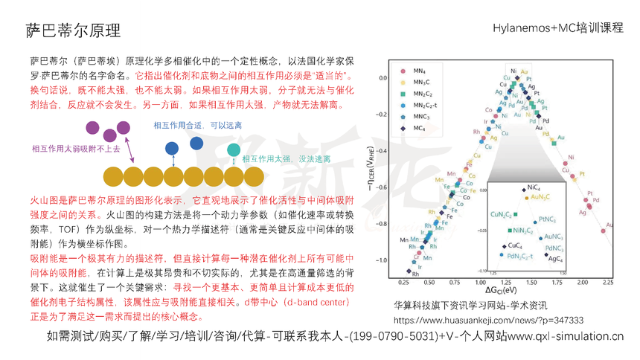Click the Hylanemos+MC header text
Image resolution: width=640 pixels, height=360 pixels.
557,28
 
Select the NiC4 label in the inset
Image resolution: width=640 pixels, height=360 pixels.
534,187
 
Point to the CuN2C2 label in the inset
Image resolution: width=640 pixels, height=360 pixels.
500,215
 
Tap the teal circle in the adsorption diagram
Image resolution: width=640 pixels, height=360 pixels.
234,151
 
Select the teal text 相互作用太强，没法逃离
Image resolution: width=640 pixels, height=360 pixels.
287,158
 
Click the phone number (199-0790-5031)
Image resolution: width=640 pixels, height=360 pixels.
391,336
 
